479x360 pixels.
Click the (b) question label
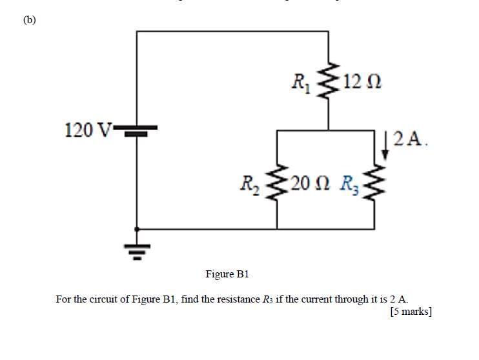coord(30,19)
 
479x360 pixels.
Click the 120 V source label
coord(88,130)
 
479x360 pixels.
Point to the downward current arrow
coord(385,146)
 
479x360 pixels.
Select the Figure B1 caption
coord(227,274)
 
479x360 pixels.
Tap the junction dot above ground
coord(136,228)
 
